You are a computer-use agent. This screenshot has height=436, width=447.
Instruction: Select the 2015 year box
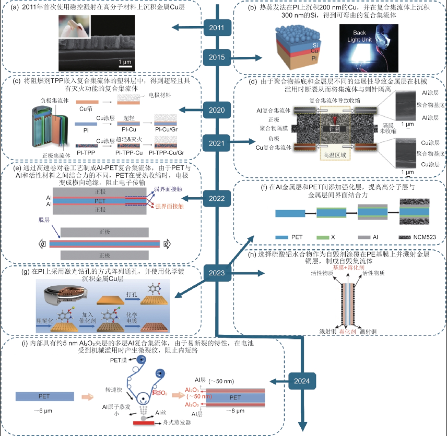click(x=216, y=57)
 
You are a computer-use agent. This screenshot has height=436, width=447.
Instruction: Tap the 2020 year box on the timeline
click(x=216, y=110)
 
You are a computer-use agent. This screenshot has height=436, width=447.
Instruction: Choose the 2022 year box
click(x=216, y=198)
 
